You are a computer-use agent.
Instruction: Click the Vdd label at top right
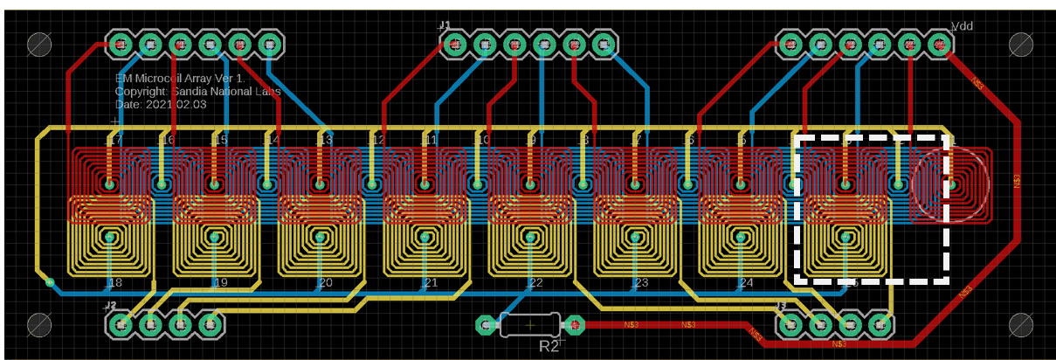(x=962, y=26)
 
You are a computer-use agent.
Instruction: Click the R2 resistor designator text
(x=549, y=346)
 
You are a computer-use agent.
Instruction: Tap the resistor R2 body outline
(x=529, y=325)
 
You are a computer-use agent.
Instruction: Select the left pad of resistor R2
(x=485, y=325)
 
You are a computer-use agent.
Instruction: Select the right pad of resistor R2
(x=574, y=325)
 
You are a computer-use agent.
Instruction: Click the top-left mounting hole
(x=39, y=44)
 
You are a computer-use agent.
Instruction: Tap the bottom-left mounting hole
(x=39, y=325)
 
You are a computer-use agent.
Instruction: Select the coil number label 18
(x=115, y=283)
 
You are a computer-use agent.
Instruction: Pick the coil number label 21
(x=430, y=283)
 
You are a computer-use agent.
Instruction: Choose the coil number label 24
(x=745, y=283)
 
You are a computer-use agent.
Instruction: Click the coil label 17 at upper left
(x=115, y=140)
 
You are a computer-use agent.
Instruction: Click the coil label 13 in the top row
(x=325, y=140)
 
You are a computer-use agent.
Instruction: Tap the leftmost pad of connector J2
(x=120, y=325)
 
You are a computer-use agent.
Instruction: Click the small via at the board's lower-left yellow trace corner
(x=50, y=282)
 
